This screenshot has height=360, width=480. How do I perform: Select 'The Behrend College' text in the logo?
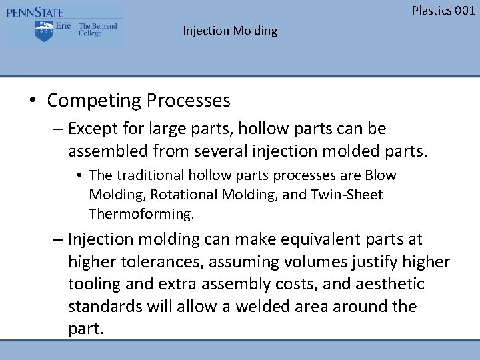pyautogui.click(x=97, y=30)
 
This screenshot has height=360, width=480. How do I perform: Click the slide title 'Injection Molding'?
pyautogui.click(x=230, y=31)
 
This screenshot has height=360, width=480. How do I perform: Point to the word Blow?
pyautogui.click(x=381, y=175)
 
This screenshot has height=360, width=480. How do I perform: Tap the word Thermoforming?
pyautogui.click(x=141, y=214)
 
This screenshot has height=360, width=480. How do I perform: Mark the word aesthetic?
pyautogui.click(x=392, y=285)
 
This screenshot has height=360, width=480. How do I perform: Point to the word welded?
pyautogui.click(x=277, y=307)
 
